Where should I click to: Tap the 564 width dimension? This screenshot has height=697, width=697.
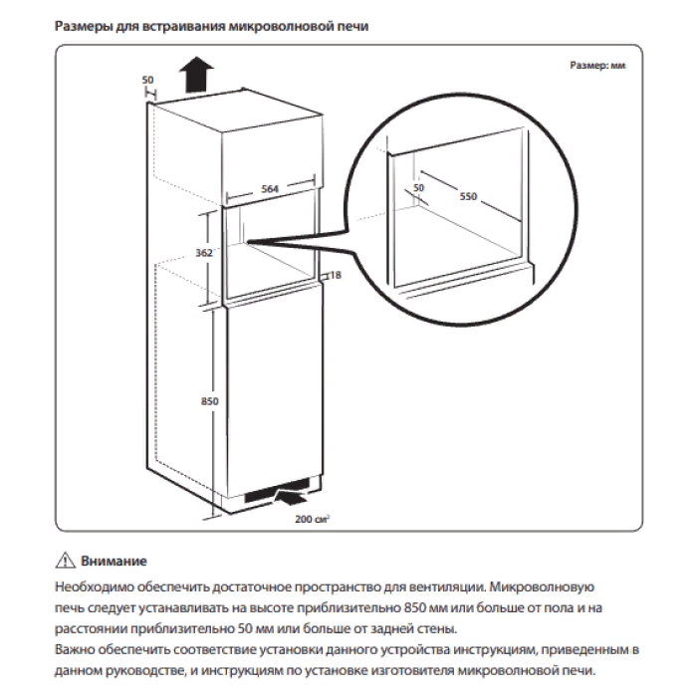269,186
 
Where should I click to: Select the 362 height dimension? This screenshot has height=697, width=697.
203,254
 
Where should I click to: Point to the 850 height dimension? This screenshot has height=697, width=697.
209,400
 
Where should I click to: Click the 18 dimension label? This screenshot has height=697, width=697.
335,276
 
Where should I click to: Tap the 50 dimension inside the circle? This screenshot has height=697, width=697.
418,187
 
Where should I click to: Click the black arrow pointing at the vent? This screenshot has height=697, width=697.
295,491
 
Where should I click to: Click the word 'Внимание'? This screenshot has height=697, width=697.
114,563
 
